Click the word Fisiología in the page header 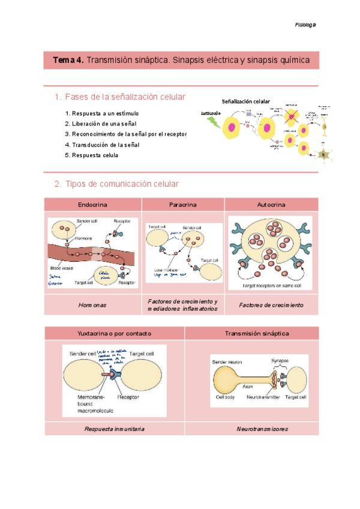tap(305, 25)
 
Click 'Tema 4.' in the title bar tap(68, 60)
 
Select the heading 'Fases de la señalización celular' tap(124, 97)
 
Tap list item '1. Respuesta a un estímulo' tap(101, 113)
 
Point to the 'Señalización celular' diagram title tap(246, 102)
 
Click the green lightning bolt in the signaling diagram tap(212, 123)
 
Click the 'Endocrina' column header tap(93, 205)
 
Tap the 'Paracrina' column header tap(183, 205)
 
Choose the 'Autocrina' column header tap(271, 205)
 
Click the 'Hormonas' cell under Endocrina tap(92, 305)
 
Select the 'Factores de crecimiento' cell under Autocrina tap(271, 305)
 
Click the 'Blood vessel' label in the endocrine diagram tap(62, 268)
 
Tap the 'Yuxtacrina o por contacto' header tap(114, 333)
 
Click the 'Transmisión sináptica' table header tap(251, 333)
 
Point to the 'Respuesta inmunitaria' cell tap(114, 429)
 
